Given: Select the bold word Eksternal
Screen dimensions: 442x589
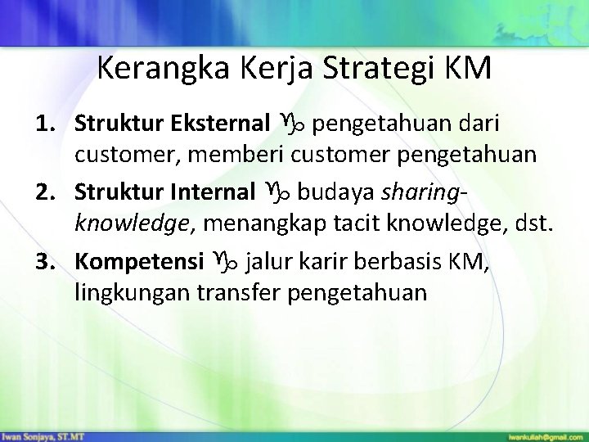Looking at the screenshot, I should [x=220, y=124].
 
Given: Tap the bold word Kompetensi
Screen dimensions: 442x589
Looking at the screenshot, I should [x=139, y=262].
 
